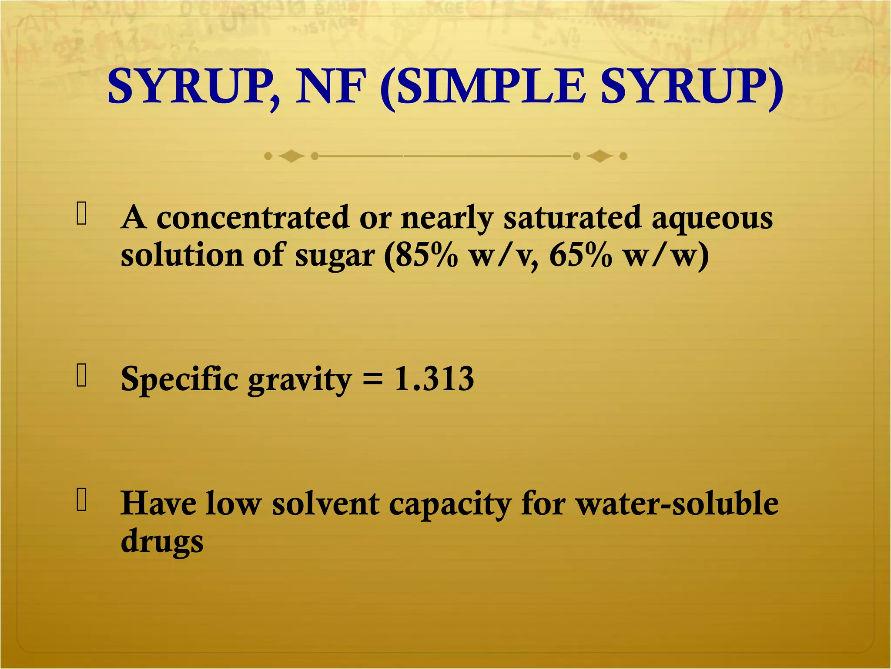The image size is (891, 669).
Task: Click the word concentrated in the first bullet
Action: pos(252,217)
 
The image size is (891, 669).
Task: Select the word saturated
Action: pos(572,217)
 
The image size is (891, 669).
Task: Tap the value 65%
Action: pos(581,256)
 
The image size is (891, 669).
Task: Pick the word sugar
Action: pos(335,257)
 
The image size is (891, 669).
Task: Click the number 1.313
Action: pos(434,379)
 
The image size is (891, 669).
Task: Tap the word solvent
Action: pos(325,504)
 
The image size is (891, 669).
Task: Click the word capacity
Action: pos(450,505)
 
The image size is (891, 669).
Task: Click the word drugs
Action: pos(162,543)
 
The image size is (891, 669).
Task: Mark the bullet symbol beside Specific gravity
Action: pos(81,375)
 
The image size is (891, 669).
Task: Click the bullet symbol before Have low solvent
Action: pos(81,499)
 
